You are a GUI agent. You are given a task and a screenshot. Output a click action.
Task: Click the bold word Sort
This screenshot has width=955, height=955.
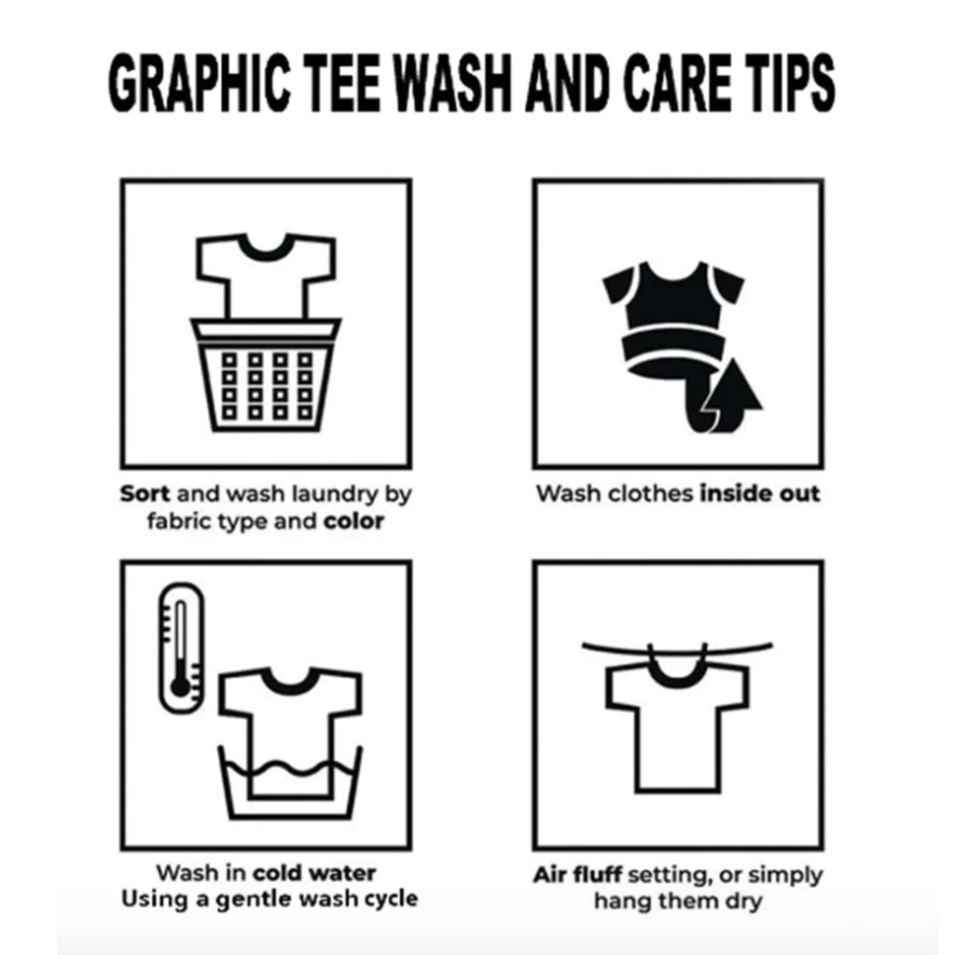145,493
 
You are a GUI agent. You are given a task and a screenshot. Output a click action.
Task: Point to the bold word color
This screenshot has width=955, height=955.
353,521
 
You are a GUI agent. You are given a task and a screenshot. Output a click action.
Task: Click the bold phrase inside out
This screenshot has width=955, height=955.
759,493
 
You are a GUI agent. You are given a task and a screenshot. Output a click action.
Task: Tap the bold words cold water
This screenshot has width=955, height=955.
314,873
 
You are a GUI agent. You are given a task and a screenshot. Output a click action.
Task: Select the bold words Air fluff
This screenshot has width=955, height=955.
576,875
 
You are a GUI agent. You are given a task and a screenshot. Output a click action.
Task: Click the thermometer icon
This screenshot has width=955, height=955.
181,648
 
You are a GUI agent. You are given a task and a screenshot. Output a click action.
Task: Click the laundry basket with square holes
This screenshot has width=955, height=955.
265,375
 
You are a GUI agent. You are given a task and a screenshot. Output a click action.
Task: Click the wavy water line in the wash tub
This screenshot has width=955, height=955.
289,768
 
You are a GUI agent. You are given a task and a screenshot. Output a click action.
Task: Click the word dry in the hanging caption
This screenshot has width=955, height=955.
743,901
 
